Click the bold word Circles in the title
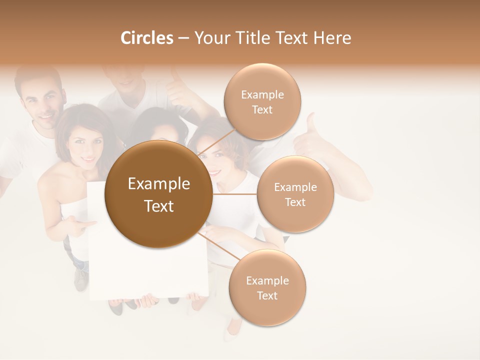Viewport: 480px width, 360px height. click(146, 38)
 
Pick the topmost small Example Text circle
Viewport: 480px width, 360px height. click(262, 102)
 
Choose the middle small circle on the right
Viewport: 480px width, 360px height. click(295, 194)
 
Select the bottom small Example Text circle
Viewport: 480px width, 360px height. click(267, 288)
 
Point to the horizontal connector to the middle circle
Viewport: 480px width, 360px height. click(234, 194)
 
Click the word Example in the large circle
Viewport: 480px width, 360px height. click(158, 184)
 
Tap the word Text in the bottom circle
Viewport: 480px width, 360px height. click(267, 295)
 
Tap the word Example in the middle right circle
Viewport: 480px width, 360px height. click(295, 187)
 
